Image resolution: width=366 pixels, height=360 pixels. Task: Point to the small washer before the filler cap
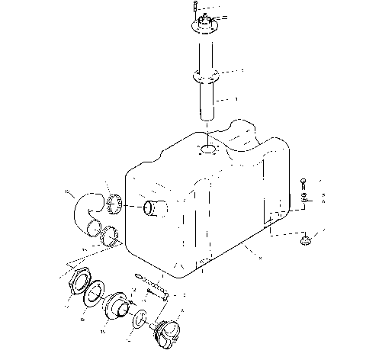pyautogui.click(x=140, y=318)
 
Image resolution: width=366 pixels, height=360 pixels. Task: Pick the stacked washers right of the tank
pyautogui.click(x=304, y=200)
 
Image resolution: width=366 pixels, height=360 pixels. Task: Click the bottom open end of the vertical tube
pyautogui.click(x=207, y=115)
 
